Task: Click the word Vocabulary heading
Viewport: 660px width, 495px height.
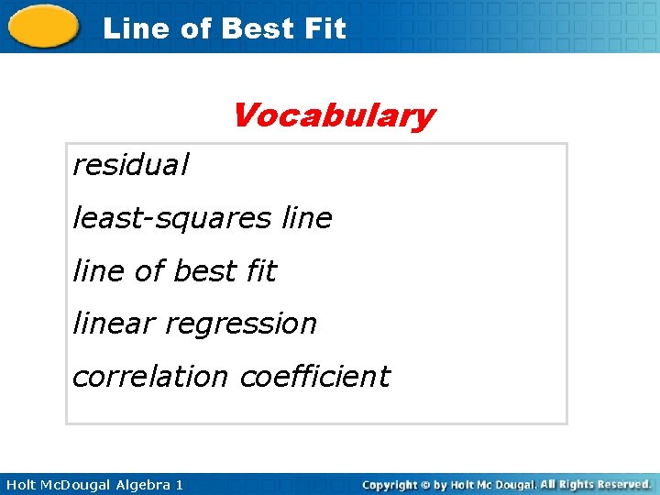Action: pyautogui.click(x=333, y=116)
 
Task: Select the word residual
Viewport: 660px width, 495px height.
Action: pyautogui.click(x=131, y=165)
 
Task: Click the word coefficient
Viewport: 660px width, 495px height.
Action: pyautogui.click(x=314, y=377)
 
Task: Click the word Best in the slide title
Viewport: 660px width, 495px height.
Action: pyautogui.click(x=258, y=28)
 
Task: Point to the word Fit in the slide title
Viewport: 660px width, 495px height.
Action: pyautogui.click(x=324, y=28)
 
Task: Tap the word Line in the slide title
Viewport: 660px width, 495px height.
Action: pyautogui.click(x=137, y=28)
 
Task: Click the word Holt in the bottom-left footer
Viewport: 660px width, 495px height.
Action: pyautogui.click(x=20, y=484)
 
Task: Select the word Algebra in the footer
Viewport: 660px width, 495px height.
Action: pyautogui.click(x=141, y=484)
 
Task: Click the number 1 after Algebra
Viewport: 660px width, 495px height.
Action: pyautogui.click(x=179, y=484)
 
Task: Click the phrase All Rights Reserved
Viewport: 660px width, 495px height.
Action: pyautogui.click(x=595, y=484)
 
